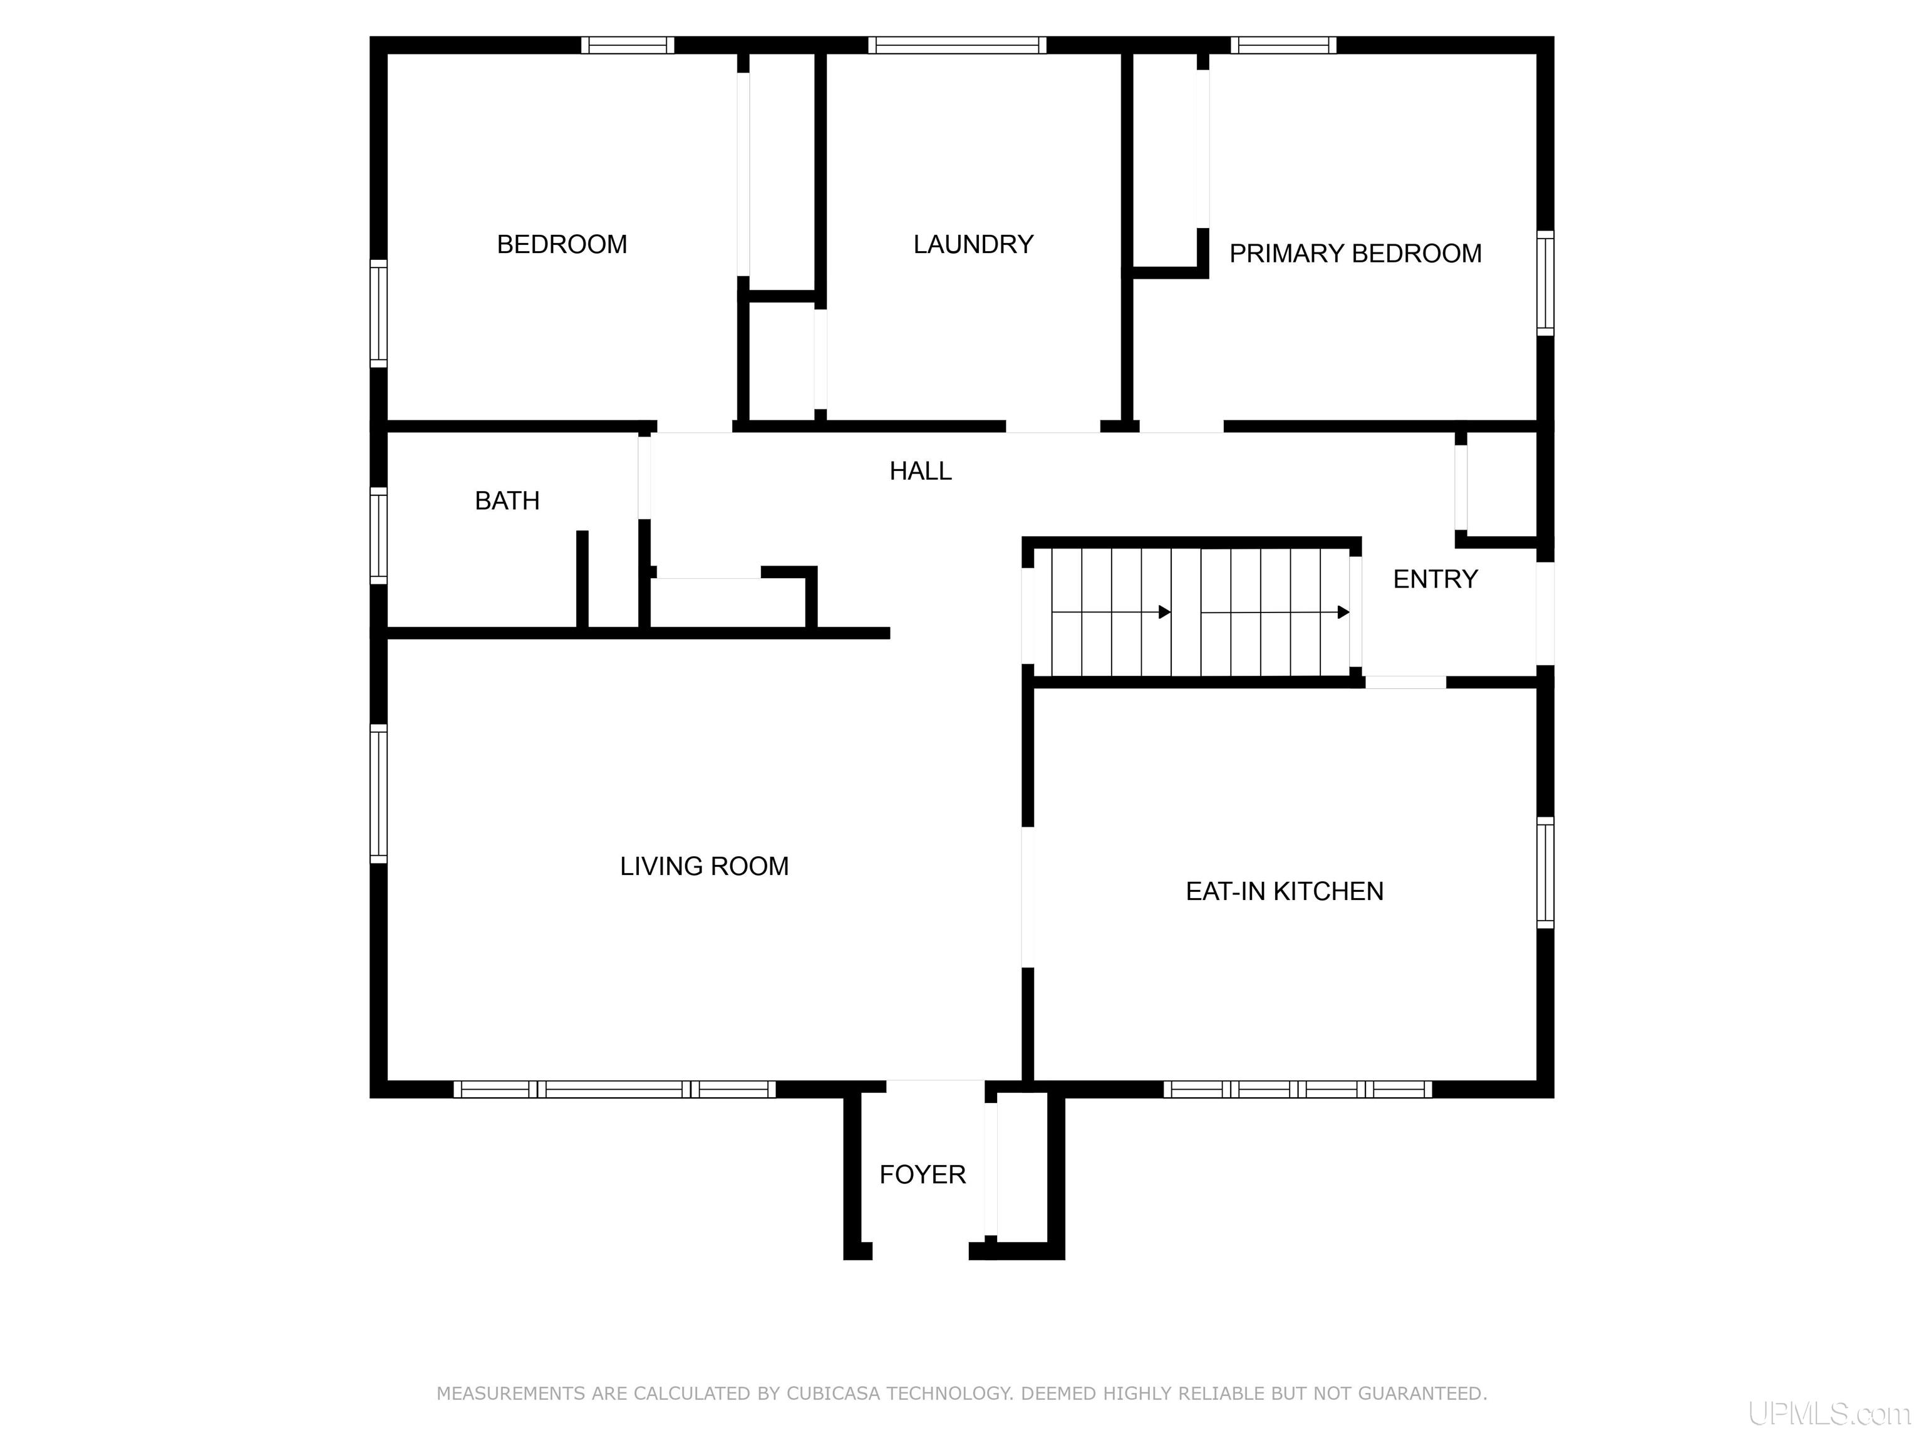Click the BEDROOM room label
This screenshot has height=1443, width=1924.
[x=562, y=244]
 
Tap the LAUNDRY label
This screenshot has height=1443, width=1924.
[x=973, y=244]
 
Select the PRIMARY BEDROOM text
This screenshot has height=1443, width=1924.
[x=1355, y=253]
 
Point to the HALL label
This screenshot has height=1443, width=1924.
[x=920, y=470]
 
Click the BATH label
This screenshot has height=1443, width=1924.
[x=507, y=500]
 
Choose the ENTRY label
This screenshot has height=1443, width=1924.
[x=1435, y=579]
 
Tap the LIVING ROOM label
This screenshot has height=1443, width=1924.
[x=705, y=866]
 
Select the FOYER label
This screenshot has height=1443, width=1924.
[x=923, y=1174]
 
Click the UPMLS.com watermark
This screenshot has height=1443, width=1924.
[x=1829, y=1414]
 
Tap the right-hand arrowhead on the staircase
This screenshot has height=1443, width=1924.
[x=1344, y=613]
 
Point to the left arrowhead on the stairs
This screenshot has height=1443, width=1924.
[x=1165, y=613]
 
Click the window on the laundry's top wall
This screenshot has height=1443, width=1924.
[x=957, y=45]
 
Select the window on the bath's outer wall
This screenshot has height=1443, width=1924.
[x=378, y=535]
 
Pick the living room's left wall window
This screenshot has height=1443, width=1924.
[x=378, y=794]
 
